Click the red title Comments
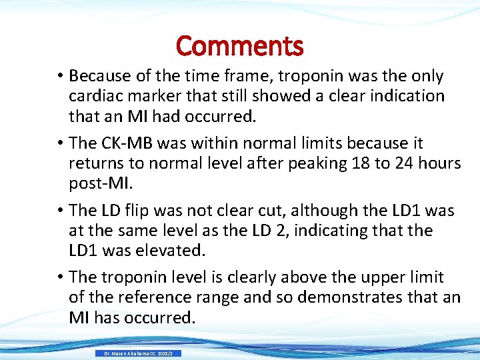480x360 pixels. pos(239,46)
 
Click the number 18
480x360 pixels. pos(360,163)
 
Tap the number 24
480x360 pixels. pos(404,163)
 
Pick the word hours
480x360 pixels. pos(440,163)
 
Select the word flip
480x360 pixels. pos(141,211)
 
